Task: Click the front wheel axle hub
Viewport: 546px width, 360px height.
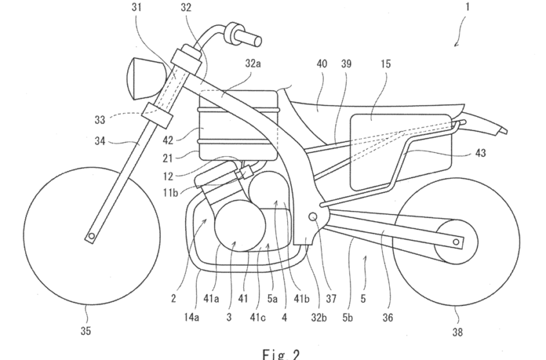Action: click(x=91, y=236)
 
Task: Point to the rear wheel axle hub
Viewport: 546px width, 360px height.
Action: click(x=456, y=242)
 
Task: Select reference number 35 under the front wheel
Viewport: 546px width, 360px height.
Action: click(x=85, y=331)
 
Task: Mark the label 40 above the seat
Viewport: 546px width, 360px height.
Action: click(x=321, y=64)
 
